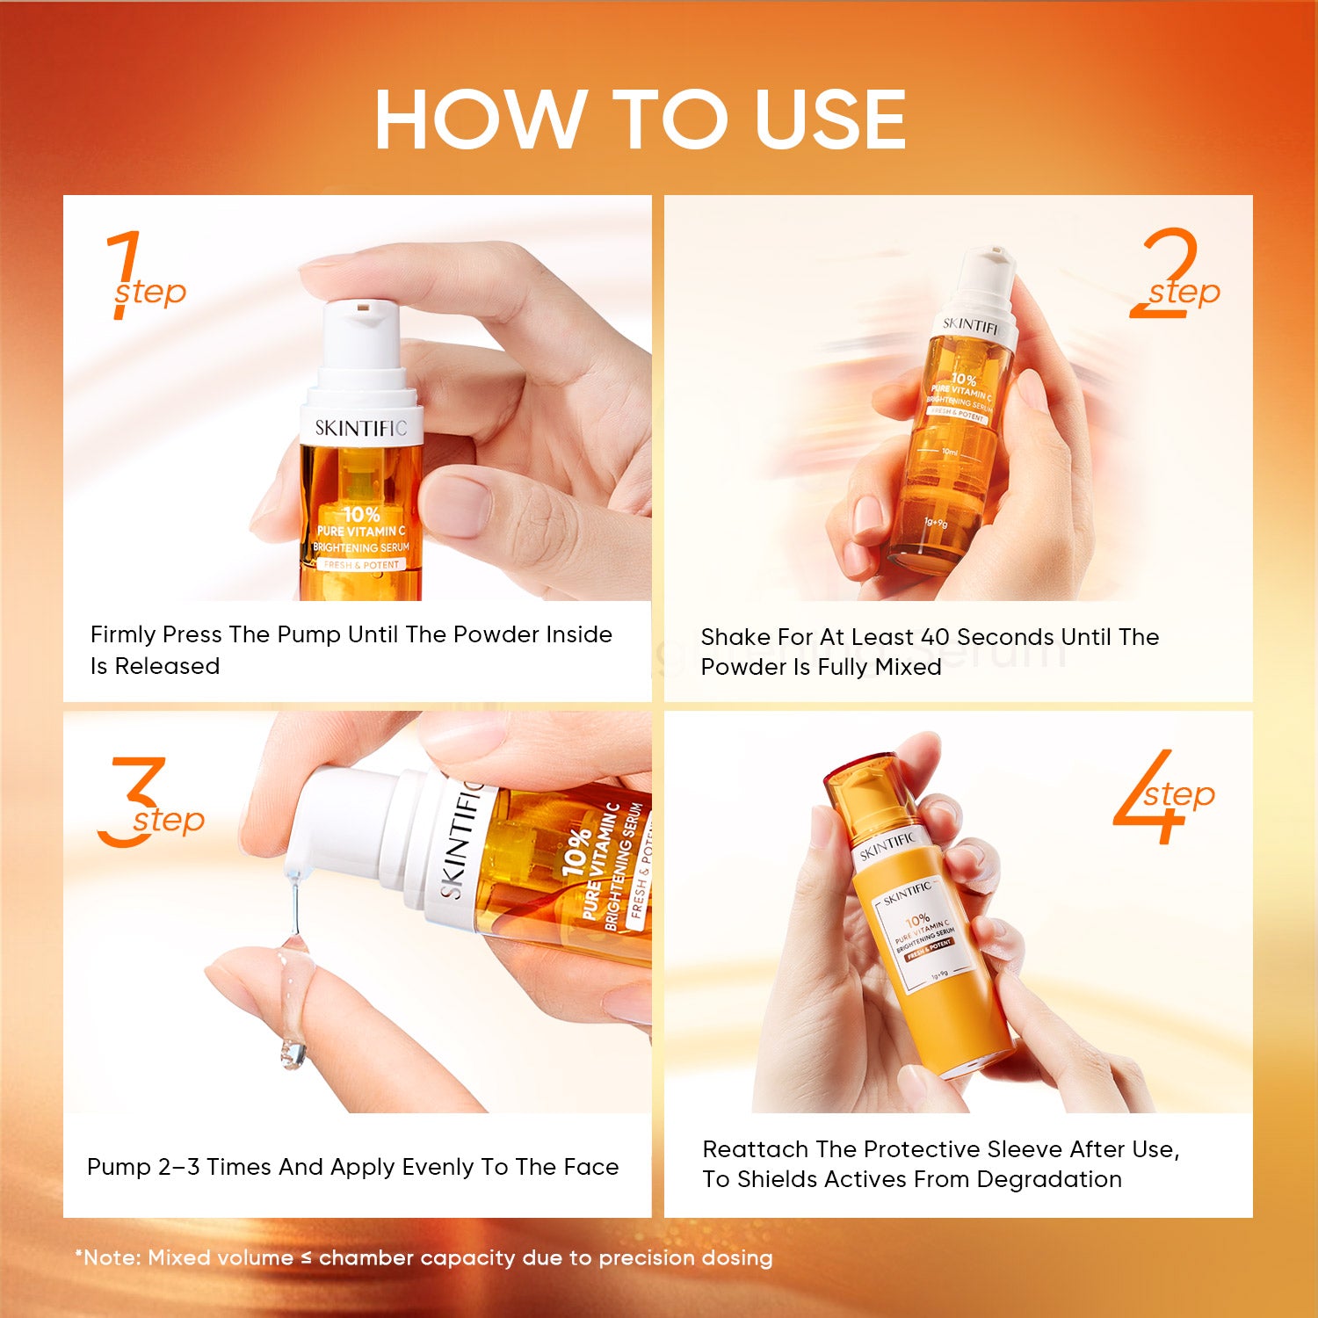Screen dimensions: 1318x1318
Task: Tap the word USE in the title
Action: coord(829,119)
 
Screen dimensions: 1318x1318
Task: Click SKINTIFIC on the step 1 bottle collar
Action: coord(361,428)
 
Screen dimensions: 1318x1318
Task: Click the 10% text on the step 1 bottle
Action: coord(361,514)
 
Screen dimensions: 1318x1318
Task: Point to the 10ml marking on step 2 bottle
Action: coord(949,453)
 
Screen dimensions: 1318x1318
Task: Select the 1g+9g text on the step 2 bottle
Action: coord(935,523)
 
